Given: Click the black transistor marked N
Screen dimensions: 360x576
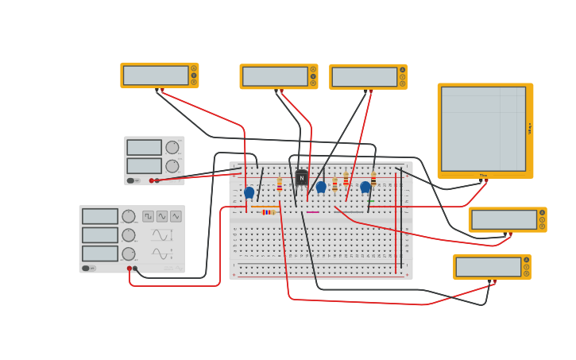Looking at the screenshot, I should (x=301, y=178).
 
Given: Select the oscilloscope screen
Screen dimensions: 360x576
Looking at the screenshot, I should (x=483, y=129).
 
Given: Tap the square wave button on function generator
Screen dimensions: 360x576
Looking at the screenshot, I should (x=149, y=216).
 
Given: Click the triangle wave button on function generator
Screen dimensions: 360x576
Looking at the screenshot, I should (x=176, y=216).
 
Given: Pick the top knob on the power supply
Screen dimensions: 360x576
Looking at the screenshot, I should (x=172, y=147).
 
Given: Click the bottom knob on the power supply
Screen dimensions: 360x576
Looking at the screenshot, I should (x=172, y=166).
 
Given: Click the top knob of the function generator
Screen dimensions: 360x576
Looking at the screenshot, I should (x=129, y=216).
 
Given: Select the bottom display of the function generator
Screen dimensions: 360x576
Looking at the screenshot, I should (x=100, y=254).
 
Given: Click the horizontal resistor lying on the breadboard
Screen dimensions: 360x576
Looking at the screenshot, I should (x=269, y=212).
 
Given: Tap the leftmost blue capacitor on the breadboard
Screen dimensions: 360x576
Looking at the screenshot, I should (x=249, y=192).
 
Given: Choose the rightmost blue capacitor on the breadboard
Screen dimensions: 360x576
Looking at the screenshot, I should (x=365, y=188).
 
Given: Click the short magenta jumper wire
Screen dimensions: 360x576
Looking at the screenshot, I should (x=312, y=212).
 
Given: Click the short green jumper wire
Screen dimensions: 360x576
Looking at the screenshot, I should (x=353, y=212).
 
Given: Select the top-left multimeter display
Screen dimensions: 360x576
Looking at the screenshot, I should (x=156, y=75).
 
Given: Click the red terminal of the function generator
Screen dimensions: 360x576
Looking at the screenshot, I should (x=130, y=269).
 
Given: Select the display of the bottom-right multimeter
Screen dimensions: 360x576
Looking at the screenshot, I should (x=489, y=267).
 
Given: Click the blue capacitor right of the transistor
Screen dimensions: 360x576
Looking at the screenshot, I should (x=321, y=188).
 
